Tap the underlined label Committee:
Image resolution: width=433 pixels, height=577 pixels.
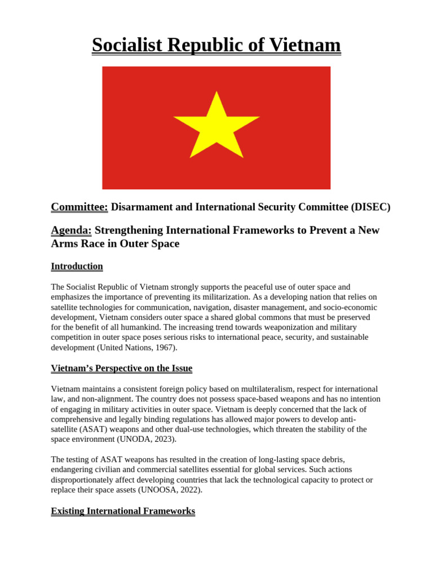click(79, 207)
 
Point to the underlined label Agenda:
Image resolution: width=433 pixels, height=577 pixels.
click(71, 230)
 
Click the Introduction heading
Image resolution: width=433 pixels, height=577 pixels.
click(77, 266)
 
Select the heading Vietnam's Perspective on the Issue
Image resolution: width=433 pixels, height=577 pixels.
click(121, 368)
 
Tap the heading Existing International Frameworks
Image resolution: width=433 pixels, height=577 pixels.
click(123, 511)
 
